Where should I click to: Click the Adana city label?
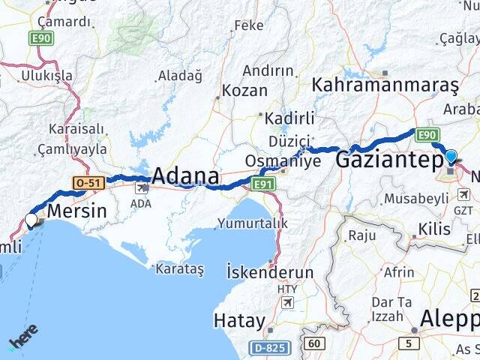185,176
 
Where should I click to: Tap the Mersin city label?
76,211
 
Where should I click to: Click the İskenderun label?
270,271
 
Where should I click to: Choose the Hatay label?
239,321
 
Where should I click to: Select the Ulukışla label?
46,76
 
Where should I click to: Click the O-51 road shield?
88,182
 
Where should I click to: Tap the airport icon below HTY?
286,301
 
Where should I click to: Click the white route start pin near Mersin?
31,220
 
